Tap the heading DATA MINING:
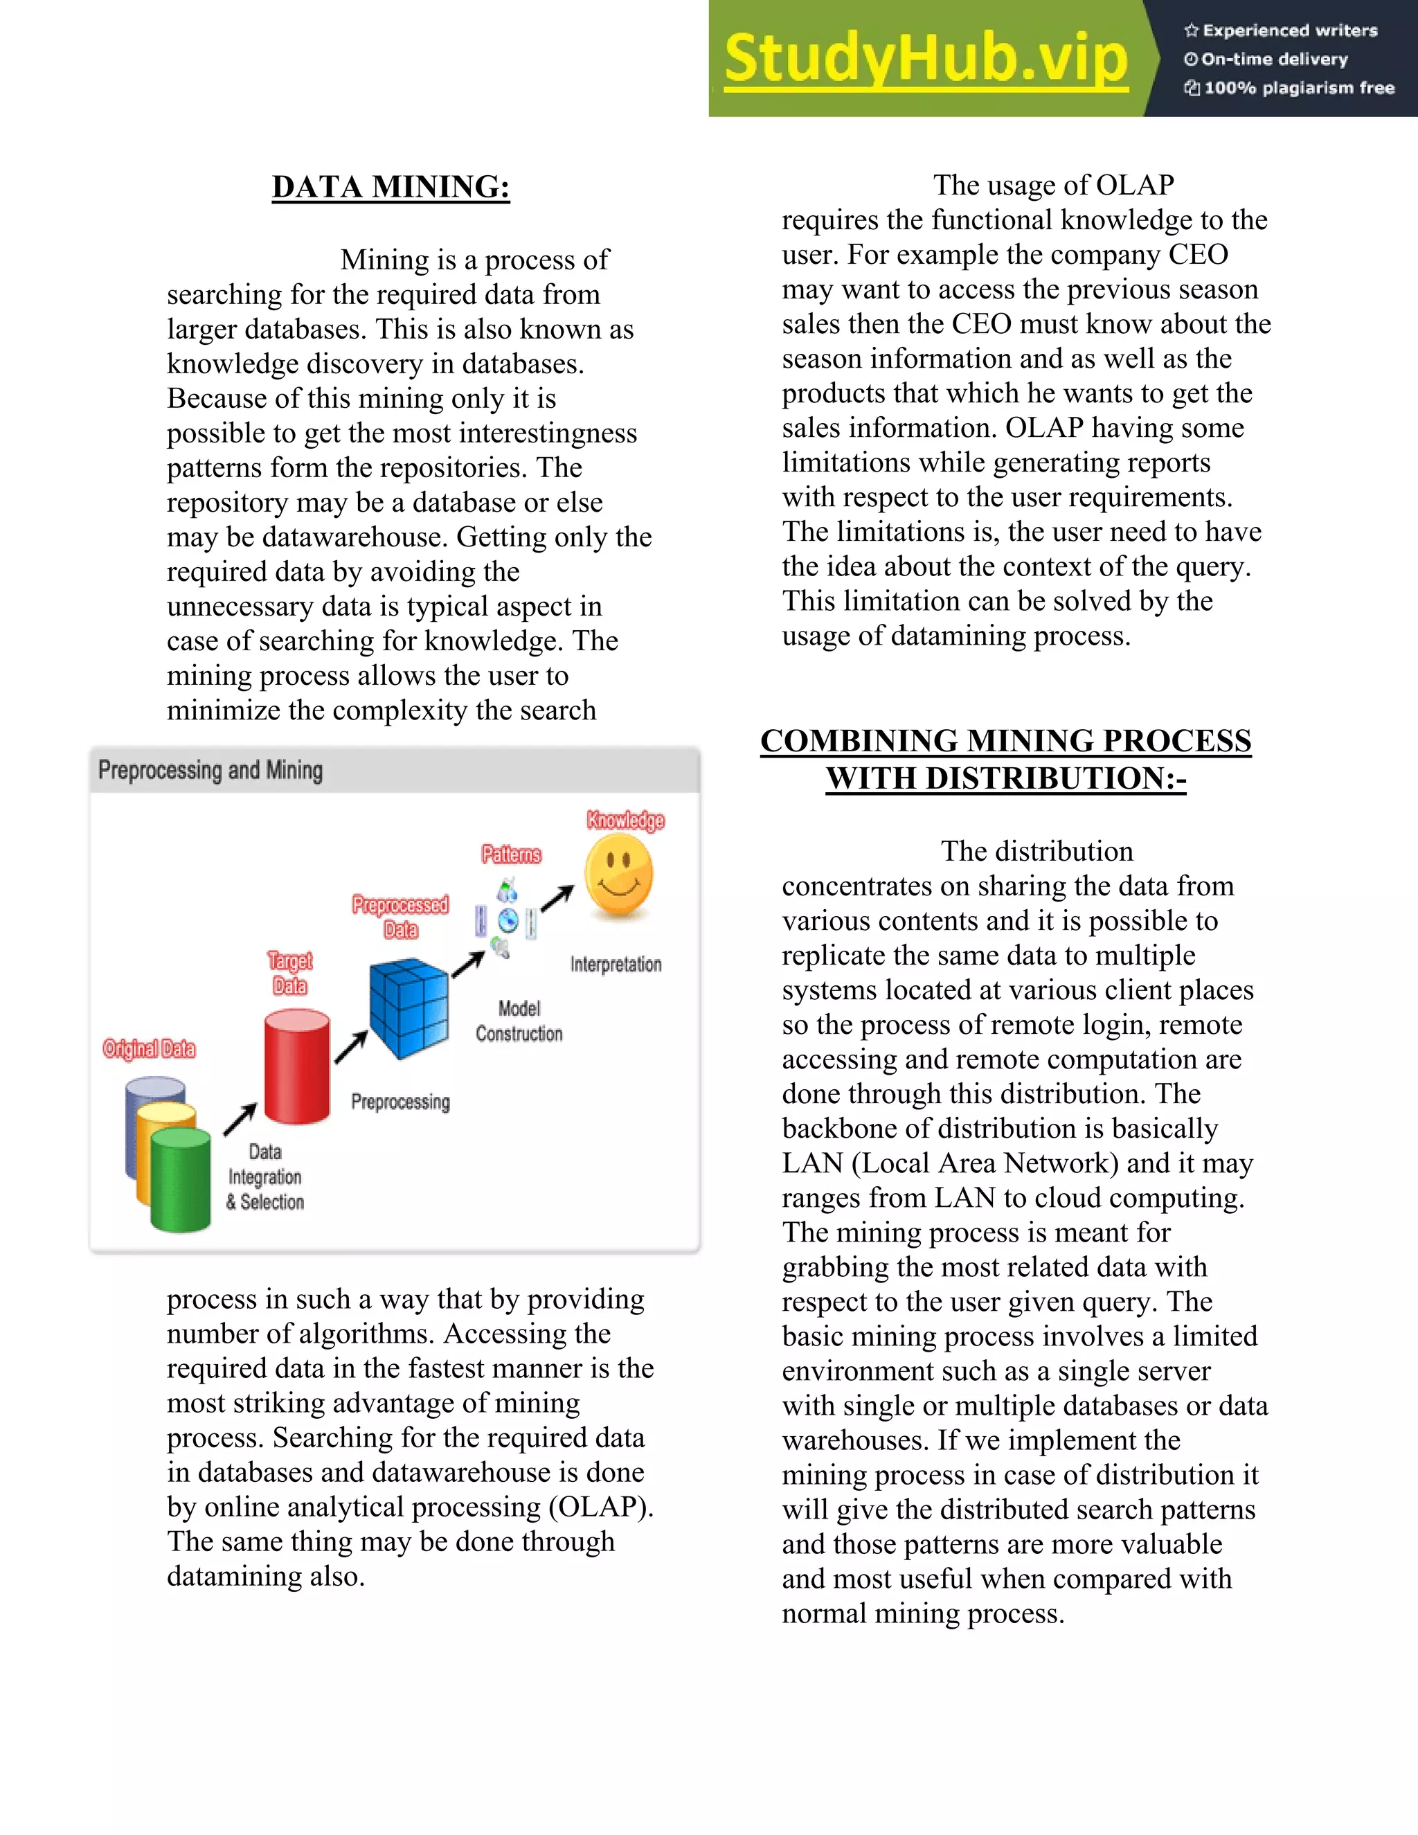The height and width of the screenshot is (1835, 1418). pyautogui.click(x=391, y=186)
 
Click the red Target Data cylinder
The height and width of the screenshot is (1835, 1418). pyautogui.click(x=296, y=1067)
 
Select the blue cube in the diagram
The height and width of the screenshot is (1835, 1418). pyautogui.click(x=409, y=1007)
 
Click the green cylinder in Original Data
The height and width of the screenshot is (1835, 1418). pyautogui.click(x=181, y=1180)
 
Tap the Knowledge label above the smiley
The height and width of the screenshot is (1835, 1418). pyautogui.click(x=625, y=820)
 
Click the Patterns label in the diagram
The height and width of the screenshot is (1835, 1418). pyautogui.click(x=511, y=854)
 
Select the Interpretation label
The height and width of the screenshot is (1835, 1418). pyautogui.click(x=616, y=964)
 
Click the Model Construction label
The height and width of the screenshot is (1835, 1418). pyautogui.click(x=519, y=1021)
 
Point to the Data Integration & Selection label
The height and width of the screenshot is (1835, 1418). pyautogui.click(x=264, y=1176)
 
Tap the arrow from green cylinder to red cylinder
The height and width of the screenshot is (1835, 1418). pyautogui.click(x=240, y=1119)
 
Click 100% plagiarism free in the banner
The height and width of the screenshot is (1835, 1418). pyautogui.click(x=1298, y=88)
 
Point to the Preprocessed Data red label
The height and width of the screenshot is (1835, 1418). pyautogui.click(x=400, y=917)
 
